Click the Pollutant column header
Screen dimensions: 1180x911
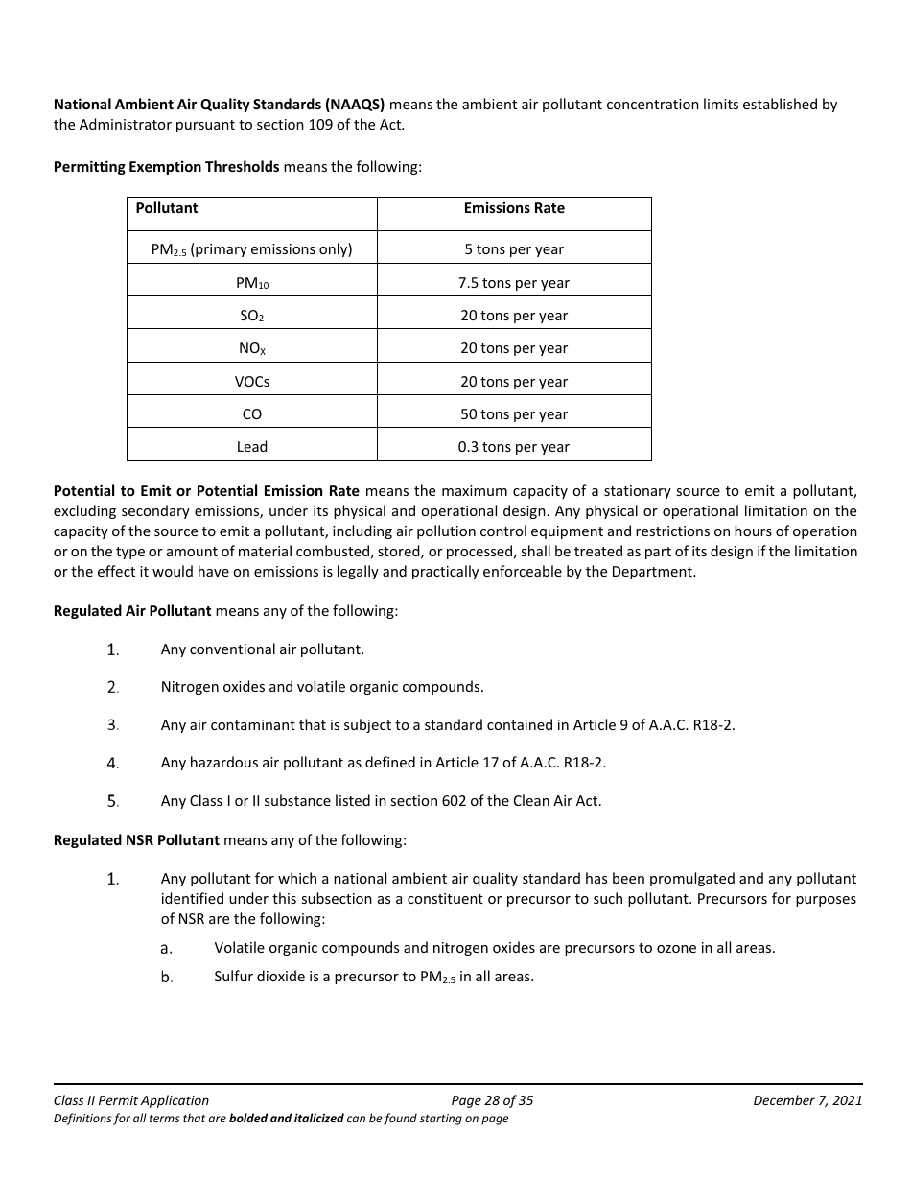[x=167, y=208]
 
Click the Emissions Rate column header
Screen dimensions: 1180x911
[x=514, y=208]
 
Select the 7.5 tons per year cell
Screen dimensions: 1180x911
[x=514, y=283]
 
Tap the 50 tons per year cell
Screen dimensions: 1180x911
[x=514, y=414]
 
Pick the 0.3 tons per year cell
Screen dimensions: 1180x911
[x=514, y=447]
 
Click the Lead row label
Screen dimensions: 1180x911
[x=252, y=447]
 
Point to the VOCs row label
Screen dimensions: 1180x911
[x=252, y=382]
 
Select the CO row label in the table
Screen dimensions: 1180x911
[x=252, y=414]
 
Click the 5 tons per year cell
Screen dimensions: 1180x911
[x=514, y=249]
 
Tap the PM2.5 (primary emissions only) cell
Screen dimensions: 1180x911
[x=252, y=249]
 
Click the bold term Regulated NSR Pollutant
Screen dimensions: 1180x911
[x=136, y=840]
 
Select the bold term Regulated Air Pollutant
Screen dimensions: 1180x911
[x=132, y=611]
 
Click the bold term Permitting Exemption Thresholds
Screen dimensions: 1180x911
[x=166, y=167]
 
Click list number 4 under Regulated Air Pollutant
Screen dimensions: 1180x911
[x=113, y=764]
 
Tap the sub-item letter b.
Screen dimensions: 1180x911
[x=166, y=978]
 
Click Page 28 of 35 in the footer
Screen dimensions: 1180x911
[x=492, y=1100]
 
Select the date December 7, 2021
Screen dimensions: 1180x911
[x=807, y=1100]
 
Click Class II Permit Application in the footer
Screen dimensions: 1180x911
[x=131, y=1100]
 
